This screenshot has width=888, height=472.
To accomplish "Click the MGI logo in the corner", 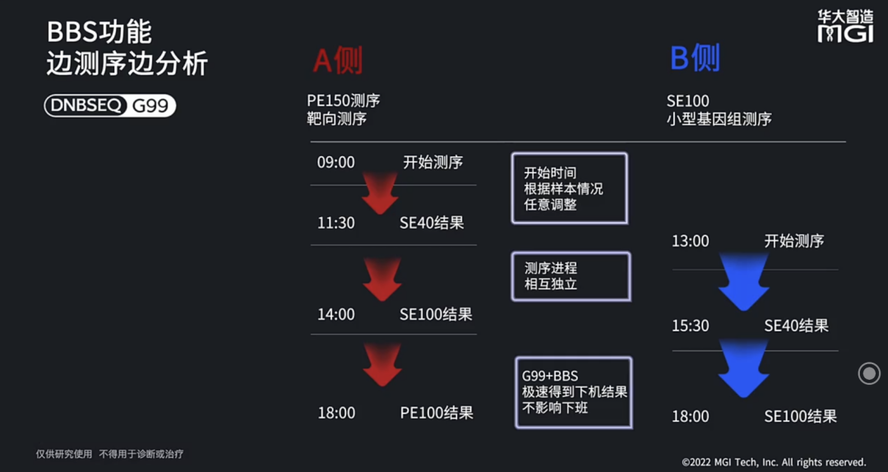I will point(845,25).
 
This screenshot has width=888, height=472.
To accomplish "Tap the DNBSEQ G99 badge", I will point(110,106).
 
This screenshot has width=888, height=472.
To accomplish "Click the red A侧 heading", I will point(337,60).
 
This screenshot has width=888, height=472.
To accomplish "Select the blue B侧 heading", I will point(695,58).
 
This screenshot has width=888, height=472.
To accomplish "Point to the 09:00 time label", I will point(335,162).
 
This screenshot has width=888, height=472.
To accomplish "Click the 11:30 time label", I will point(335,223).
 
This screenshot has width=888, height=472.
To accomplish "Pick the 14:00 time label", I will point(335,314).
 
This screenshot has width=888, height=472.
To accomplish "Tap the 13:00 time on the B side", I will point(690,241).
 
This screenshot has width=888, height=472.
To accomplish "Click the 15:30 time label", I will point(690,326).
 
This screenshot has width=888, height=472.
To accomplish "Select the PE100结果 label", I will point(437,413).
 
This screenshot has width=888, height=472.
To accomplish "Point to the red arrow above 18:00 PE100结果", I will point(382,364).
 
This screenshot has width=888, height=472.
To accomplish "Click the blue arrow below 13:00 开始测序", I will point(743,282).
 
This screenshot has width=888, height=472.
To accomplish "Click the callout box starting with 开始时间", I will point(569,188).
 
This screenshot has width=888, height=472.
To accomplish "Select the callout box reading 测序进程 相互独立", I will point(571,276).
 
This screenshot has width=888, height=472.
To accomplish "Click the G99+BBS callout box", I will point(574,392).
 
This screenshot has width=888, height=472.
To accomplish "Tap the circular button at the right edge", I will point(869,373).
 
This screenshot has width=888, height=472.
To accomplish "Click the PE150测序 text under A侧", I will point(344,100).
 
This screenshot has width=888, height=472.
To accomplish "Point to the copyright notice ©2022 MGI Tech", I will point(774,462).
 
